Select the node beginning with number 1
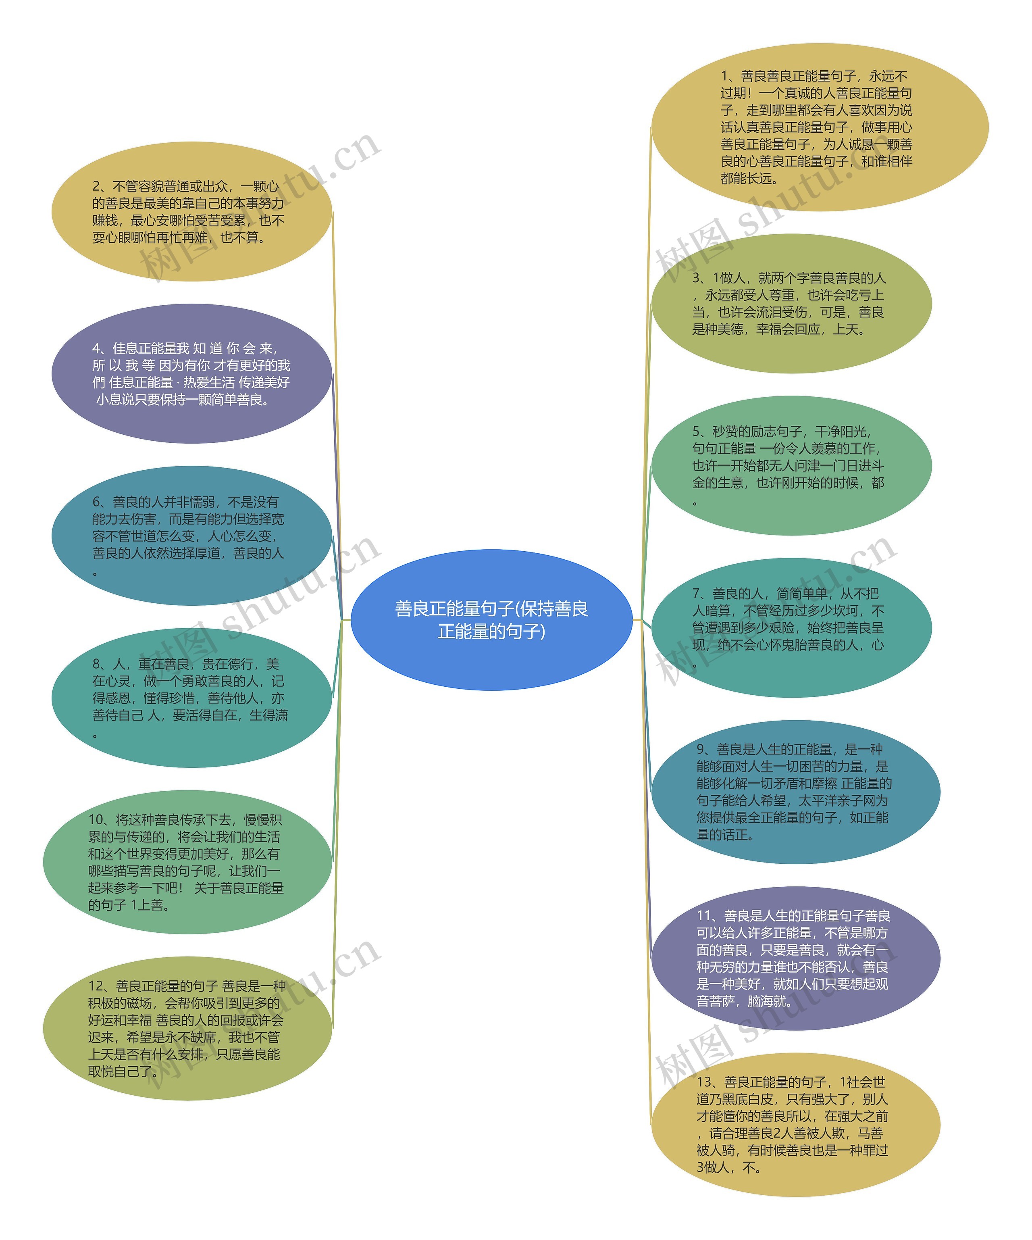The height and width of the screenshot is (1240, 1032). click(x=820, y=127)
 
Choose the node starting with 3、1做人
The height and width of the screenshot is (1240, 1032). click(x=791, y=304)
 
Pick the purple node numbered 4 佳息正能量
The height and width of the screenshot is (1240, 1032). click(x=191, y=374)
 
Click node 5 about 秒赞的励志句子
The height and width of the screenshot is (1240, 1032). click(x=791, y=466)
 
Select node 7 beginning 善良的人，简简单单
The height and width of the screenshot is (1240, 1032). click(x=791, y=628)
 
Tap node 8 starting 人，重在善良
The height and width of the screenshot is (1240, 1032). click(x=191, y=698)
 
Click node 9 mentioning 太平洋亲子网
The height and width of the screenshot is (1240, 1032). click(x=795, y=792)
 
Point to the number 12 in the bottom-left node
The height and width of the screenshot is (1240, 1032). click(x=96, y=986)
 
